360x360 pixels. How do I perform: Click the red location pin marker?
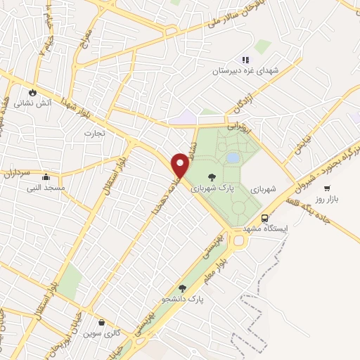pyautogui.click(x=181, y=165)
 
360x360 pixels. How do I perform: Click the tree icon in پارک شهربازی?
pyautogui.click(x=212, y=176)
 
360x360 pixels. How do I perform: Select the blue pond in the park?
pyautogui.click(x=231, y=158)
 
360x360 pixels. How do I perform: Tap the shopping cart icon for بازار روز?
pyautogui.click(x=327, y=188)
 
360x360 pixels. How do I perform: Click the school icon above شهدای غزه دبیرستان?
pyautogui.click(x=245, y=60)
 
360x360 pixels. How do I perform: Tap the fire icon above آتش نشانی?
pyautogui.click(x=32, y=92)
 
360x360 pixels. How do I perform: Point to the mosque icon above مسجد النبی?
pyautogui.click(x=46, y=176)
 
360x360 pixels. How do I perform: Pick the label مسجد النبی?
pyautogui.click(x=46, y=188)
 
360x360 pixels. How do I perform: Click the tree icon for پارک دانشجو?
pyautogui.click(x=183, y=288)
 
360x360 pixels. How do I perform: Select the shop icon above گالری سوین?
pyautogui.click(x=103, y=323)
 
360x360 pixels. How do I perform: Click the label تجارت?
pyautogui.click(x=94, y=133)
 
